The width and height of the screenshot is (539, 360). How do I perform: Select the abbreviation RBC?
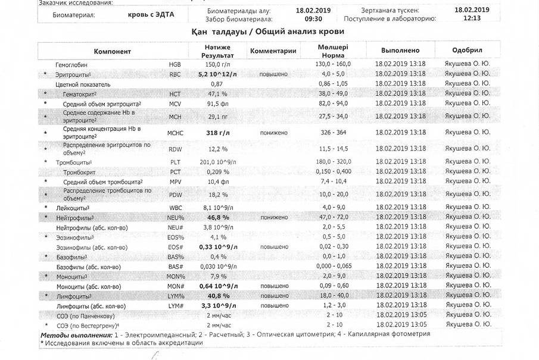pyautogui.click(x=175, y=74)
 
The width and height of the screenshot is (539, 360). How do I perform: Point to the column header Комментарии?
pyautogui.click(x=273, y=51)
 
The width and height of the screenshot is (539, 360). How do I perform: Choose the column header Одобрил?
pyautogui.click(x=467, y=51)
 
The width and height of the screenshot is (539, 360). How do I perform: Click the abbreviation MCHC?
pyautogui.click(x=176, y=133)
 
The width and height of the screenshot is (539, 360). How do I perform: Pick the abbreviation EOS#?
pyautogui.click(x=175, y=247)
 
